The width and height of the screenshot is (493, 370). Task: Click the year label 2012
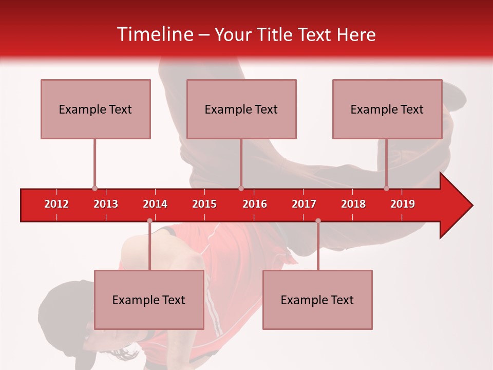(56, 204)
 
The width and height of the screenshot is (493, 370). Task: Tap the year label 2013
(106, 204)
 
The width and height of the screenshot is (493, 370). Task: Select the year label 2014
(155, 204)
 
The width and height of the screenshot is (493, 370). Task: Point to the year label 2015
(204, 204)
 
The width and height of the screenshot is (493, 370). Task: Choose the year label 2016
(255, 204)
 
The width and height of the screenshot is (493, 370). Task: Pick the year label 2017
(304, 204)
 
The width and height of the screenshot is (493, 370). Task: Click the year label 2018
(353, 204)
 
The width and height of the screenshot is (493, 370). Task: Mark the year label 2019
(403, 204)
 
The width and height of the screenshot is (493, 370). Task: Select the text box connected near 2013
(96, 109)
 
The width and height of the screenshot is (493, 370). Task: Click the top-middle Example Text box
(241, 109)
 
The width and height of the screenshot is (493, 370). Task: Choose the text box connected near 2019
(387, 109)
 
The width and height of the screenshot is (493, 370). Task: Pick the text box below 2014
(149, 300)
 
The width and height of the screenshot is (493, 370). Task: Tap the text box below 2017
(317, 300)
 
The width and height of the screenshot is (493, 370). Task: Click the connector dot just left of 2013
(94, 189)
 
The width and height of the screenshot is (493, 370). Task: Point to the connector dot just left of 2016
(241, 189)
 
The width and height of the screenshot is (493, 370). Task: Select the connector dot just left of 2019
(387, 189)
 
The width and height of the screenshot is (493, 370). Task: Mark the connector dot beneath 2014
(149, 221)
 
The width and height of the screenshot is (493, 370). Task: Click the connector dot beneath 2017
(318, 221)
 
